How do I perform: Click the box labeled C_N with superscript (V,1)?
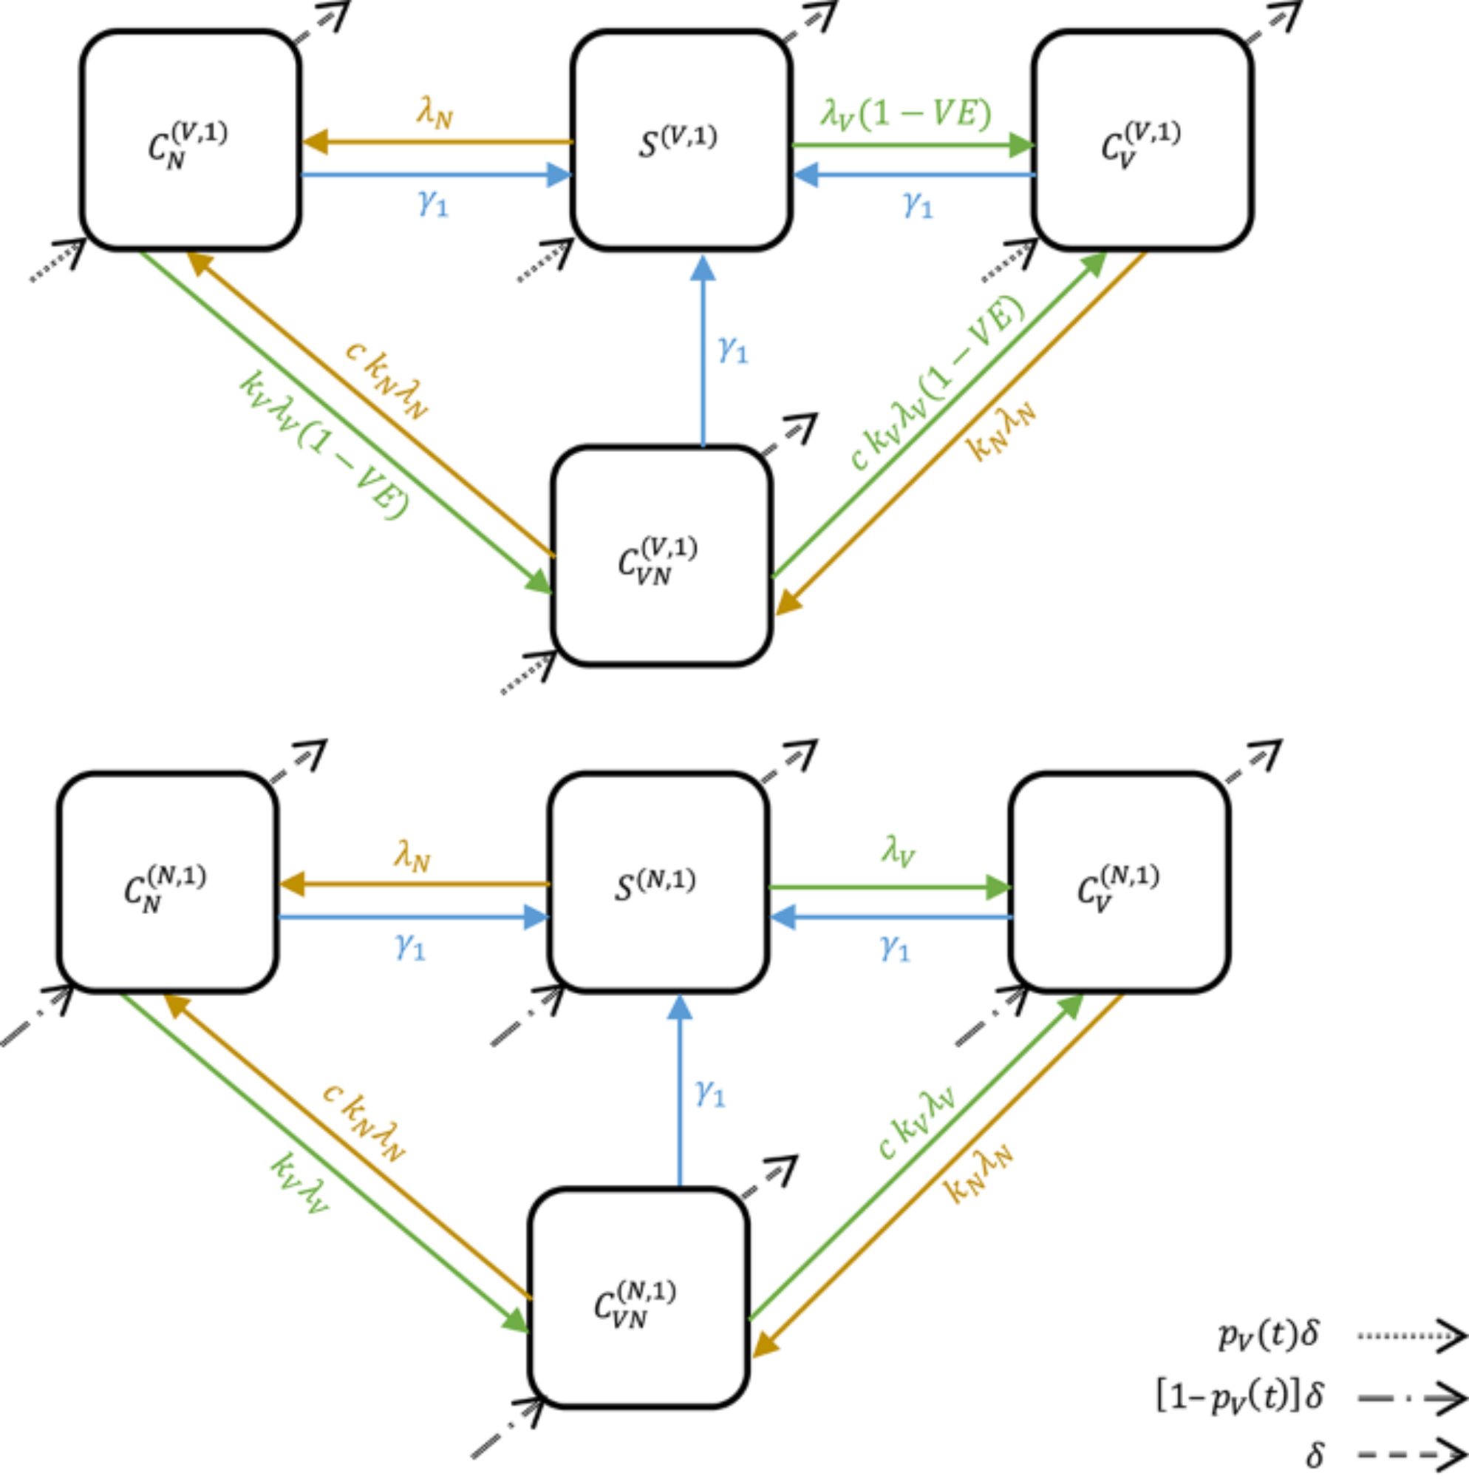tap(190, 140)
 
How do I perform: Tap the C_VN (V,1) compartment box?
tap(661, 555)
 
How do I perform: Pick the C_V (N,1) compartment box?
tap(1119, 883)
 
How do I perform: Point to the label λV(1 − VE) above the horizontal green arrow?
tap(906, 114)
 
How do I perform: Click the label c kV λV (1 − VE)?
tap(938, 383)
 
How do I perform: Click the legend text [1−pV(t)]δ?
tap(1239, 1396)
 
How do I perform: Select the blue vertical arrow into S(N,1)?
tap(679, 1091)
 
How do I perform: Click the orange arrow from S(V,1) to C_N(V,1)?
tap(436, 142)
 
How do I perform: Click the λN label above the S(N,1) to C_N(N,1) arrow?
tap(412, 855)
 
